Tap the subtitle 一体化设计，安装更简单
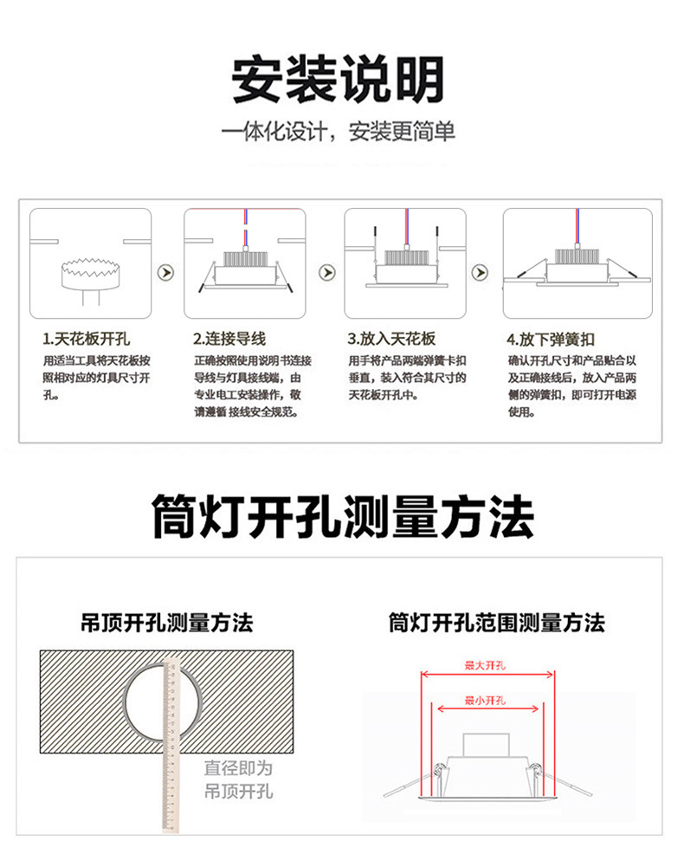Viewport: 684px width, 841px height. pyautogui.click(x=338, y=133)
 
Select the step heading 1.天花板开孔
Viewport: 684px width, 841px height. pyautogui.click(x=87, y=339)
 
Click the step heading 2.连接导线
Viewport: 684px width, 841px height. pyautogui.click(x=229, y=339)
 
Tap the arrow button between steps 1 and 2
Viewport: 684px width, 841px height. pyautogui.click(x=166, y=272)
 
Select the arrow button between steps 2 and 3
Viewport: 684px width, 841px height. pyautogui.click(x=326, y=272)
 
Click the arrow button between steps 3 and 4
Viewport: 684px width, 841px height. pyautogui.click(x=478, y=272)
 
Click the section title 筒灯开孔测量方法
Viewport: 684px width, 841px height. pyautogui.click(x=342, y=518)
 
